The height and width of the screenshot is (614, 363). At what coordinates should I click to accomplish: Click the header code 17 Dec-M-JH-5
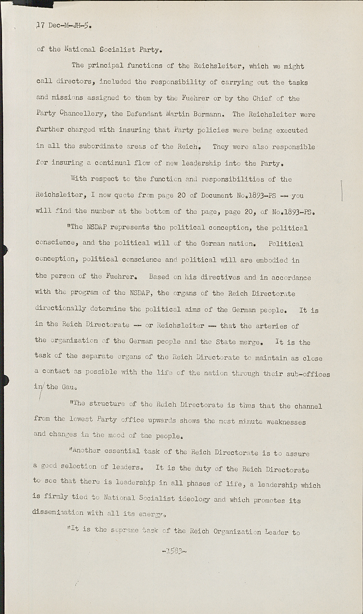point(63,25)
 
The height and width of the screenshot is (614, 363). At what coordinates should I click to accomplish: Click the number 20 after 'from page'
point(181,195)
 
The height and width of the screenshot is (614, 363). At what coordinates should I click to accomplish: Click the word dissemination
point(59,512)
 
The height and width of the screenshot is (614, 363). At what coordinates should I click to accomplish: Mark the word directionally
point(61,309)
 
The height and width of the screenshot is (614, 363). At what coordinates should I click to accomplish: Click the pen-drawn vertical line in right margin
point(342,190)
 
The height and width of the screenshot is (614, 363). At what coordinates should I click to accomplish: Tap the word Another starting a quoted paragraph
point(87,451)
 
